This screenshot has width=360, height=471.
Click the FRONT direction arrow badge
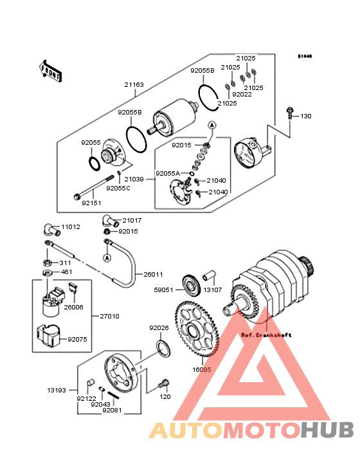(51, 71)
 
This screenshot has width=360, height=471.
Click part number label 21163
(134, 84)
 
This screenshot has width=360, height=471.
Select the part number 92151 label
(91, 202)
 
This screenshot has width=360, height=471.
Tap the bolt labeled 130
(291, 116)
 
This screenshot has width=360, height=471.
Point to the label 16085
(202, 370)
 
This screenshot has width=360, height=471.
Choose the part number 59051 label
(163, 290)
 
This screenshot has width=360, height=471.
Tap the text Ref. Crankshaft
(266, 335)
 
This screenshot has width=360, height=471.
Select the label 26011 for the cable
(153, 274)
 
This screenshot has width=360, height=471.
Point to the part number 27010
(109, 317)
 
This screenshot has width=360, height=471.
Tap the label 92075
(77, 338)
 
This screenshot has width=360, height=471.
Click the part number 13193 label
(55, 390)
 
